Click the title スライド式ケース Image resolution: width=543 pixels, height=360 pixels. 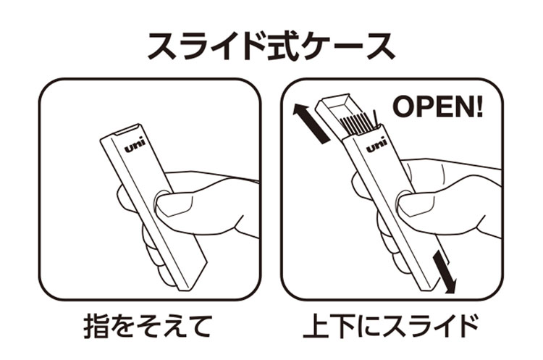[x=271, y=45]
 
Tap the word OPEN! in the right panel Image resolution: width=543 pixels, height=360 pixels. [x=438, y=107]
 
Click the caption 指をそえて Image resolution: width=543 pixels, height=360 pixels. [x=150, y=327]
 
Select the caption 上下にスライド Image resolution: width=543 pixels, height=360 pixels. [x=392, y=327]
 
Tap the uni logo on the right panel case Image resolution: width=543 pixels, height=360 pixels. [x=376, y=146]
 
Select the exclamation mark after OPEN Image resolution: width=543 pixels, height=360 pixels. [x=478, y=107]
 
